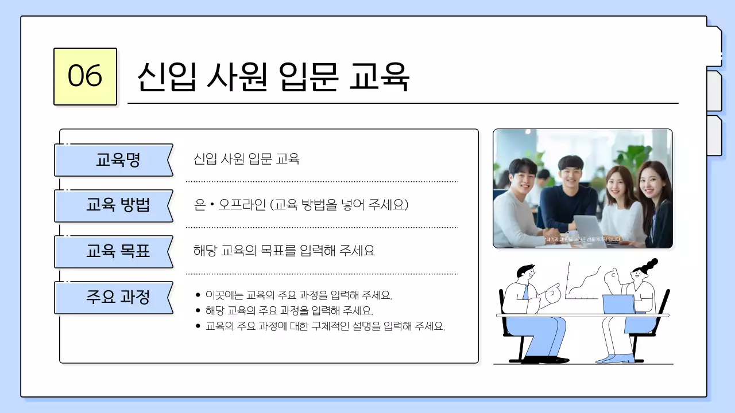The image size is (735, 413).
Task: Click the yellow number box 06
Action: pos(85,76)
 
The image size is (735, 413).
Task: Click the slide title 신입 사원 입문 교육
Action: pos(273,76)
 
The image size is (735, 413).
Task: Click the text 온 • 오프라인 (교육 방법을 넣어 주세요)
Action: pos(301,205)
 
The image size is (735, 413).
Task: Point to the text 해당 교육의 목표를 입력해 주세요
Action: pos(284,251)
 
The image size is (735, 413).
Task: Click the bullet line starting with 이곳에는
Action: pos(298,296)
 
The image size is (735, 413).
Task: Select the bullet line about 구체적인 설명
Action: pos(325,327)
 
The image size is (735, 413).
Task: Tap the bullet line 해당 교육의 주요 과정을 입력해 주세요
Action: pos(289,311)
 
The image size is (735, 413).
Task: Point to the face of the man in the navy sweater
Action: pos(570,173)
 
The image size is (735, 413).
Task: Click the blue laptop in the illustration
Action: pos(618,304)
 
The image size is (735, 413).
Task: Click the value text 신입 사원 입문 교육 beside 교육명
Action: pos(246,159)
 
